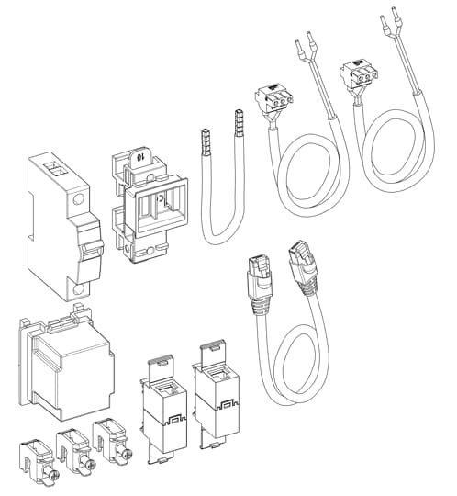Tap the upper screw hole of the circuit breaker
[80, 197]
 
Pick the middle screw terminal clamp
[75, 446]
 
